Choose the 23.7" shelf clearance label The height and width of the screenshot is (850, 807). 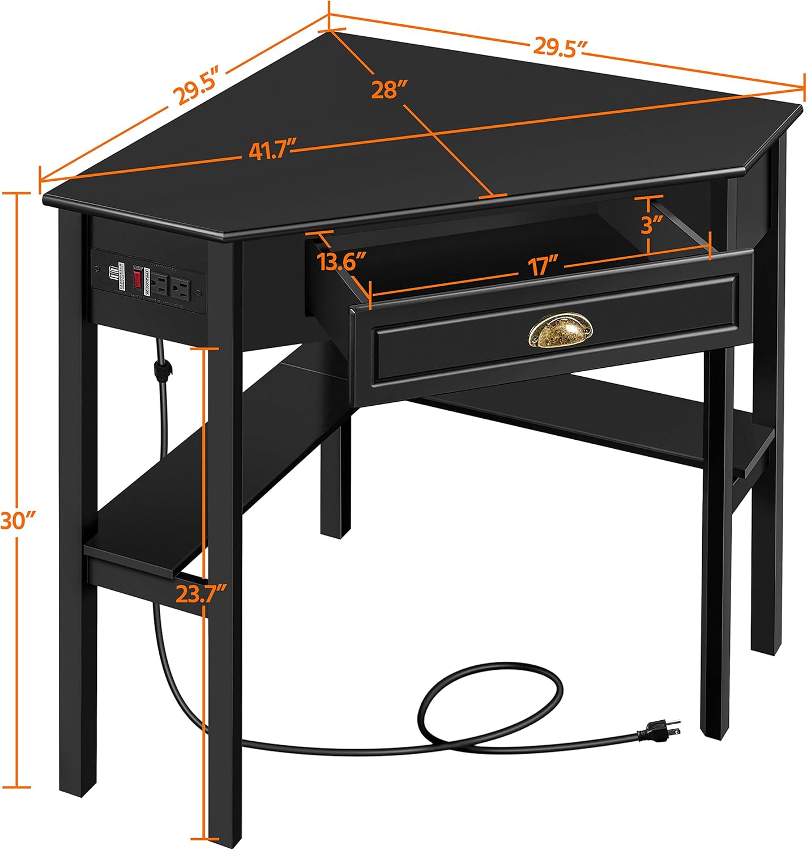tap(200, 594)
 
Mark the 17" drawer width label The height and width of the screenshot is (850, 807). tap(541, 266)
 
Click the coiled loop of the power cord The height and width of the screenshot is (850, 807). tap(490, 703)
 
